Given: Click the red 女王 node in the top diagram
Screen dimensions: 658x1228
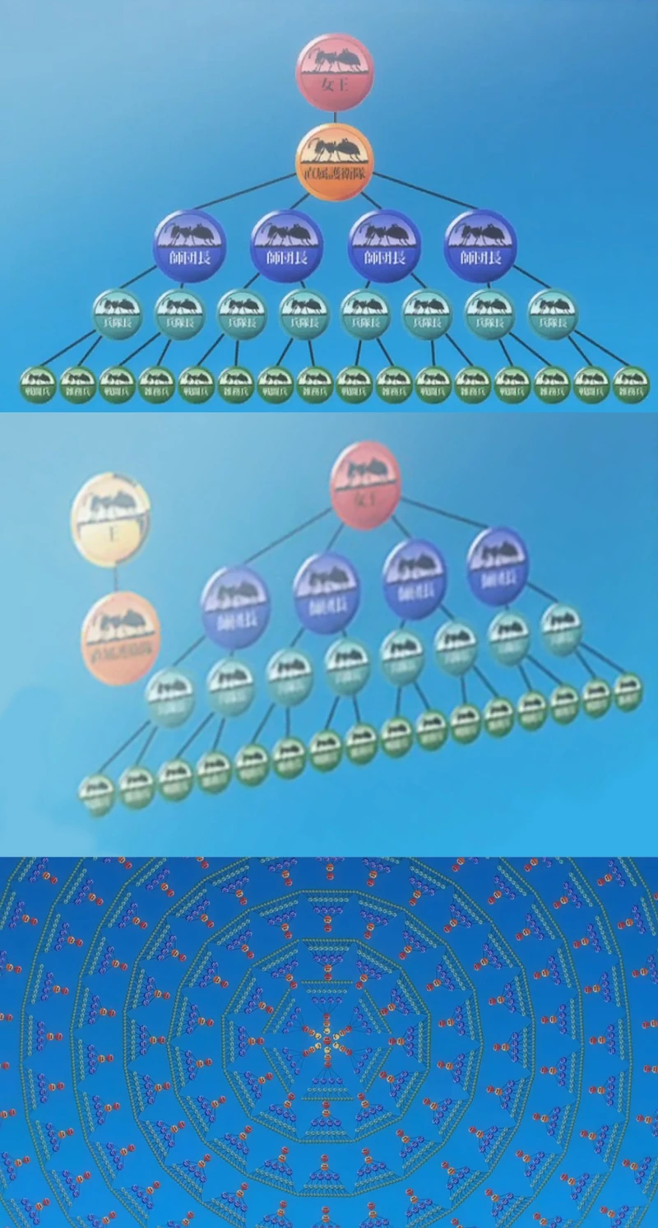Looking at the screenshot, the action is pos(334,72).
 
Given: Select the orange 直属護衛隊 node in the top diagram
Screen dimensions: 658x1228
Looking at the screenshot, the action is pos(334,162).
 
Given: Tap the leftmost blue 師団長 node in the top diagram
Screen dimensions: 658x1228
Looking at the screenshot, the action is pos(189,245).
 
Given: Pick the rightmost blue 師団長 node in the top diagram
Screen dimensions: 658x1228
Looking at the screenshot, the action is pos(480,245).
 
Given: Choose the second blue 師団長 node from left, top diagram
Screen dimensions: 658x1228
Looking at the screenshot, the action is pos(286,245).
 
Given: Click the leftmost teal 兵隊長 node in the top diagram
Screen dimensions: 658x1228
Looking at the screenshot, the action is pos(117,314).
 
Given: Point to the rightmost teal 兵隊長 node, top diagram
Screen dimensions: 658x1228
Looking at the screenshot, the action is pos(553,314).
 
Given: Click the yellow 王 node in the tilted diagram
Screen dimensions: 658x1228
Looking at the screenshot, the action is pos(110,519).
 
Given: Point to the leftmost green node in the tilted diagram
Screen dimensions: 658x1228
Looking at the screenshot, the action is pos(97,793).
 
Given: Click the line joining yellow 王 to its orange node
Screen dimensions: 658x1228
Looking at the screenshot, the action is pos(115,579).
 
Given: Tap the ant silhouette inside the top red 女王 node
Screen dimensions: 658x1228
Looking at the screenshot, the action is pos(334,61).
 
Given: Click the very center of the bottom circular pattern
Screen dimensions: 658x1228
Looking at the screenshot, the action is pos(327,1044).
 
